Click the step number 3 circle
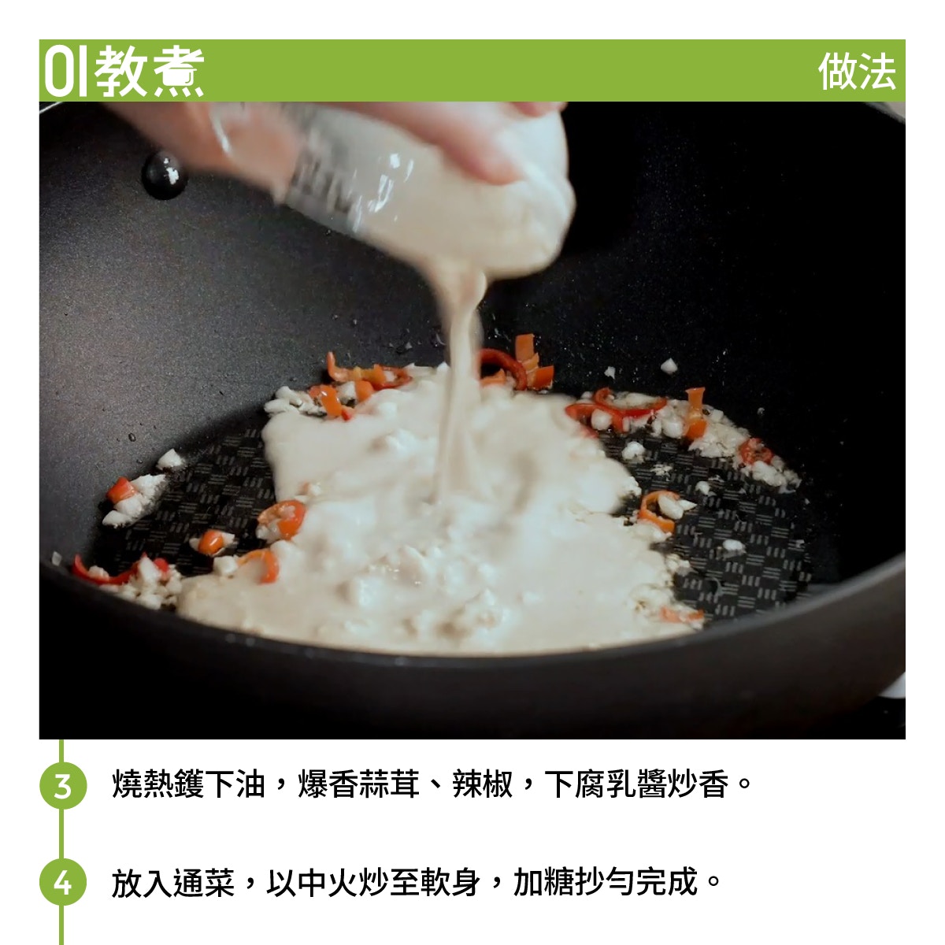pyautogui.click(x=63, y=785)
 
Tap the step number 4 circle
pyautogui.click(x=63, y=882)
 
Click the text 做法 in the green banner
pyautogui.click(x=857, y=72)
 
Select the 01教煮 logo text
pyautogui.click(x=124, y=72)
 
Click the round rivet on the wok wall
pyautogui.click(x=165, y=175)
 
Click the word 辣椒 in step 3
pyautogui.click(x=483, y=784)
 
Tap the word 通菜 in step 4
pyautogui.click(x=205, y=881)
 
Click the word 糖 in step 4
pyautogui.click(x=559, y=881)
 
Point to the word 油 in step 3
pyautogui.click(x=250, y=784)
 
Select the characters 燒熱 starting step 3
pyautogui.click(x=143, y=784)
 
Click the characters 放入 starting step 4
pyautogui.click(x=143, y=881)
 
